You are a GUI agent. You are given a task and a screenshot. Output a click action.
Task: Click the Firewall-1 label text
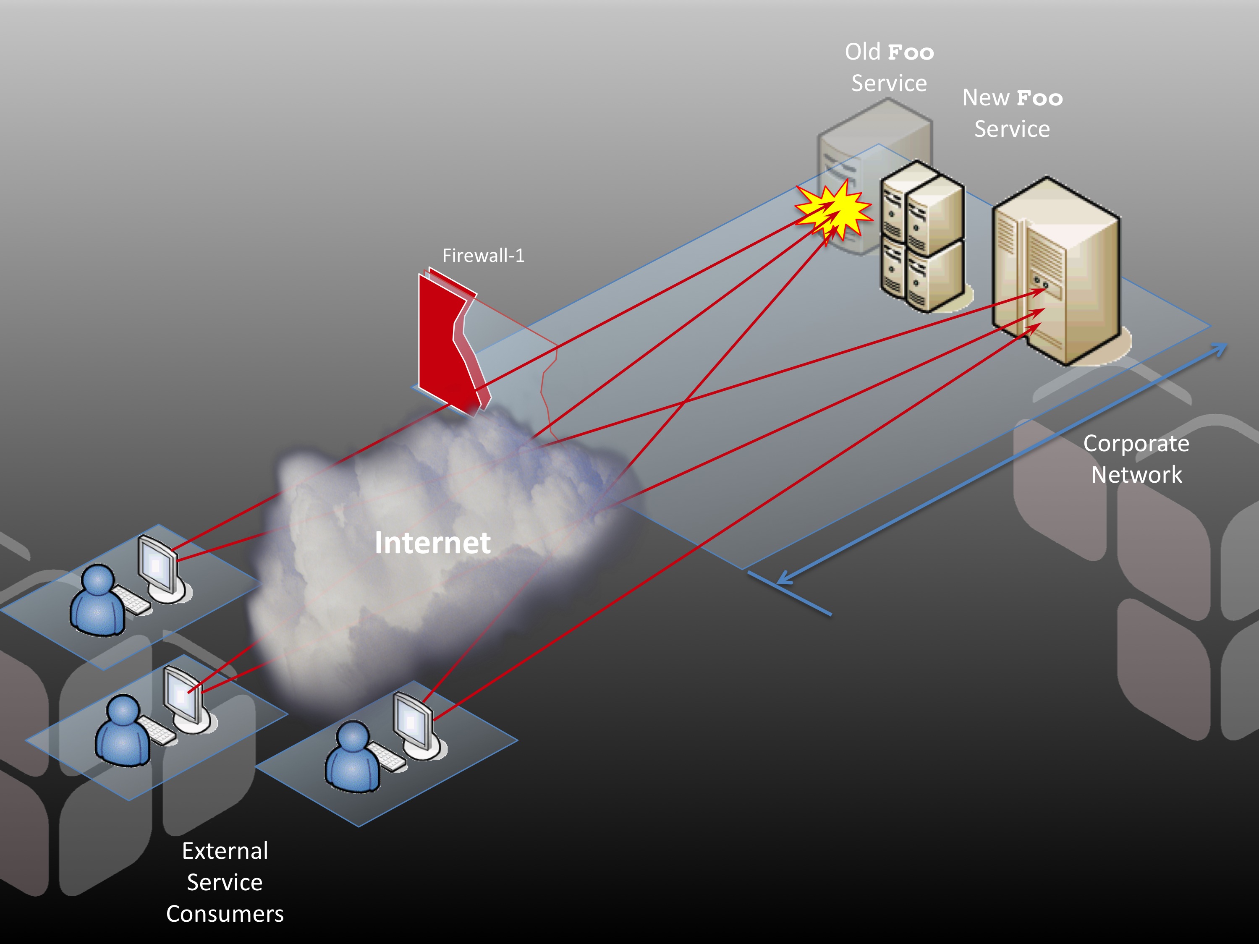[483, 256]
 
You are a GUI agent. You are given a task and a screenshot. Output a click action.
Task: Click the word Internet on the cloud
[432, 543]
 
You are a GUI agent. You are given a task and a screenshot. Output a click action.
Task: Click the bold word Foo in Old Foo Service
[911, 53]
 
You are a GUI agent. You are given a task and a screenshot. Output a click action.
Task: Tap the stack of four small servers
[922, 236]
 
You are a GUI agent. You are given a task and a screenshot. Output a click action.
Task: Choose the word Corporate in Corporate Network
[1136, 444]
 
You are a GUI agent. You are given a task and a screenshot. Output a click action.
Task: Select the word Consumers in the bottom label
[225, 914]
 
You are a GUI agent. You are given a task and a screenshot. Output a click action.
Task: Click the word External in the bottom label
[225, 851]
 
